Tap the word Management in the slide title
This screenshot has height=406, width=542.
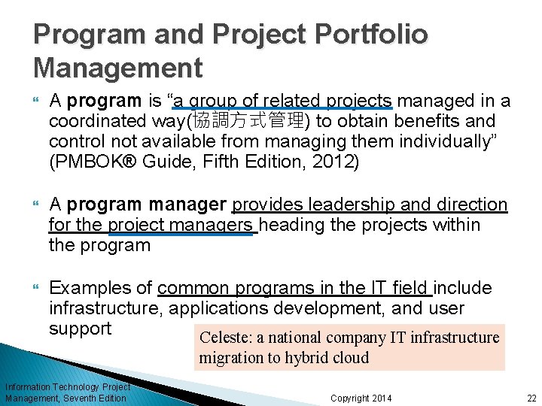pos(118,68)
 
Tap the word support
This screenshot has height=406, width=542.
pos(80,329)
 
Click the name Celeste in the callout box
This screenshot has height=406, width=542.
pos(222,338)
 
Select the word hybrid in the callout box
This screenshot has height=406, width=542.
pos(307,357)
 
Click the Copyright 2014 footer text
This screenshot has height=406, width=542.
pos(361,398)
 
